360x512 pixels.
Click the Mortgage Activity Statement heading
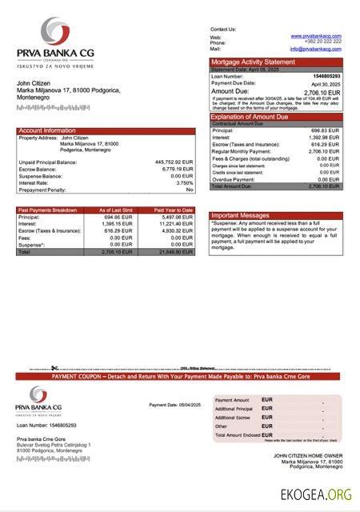(252, 62)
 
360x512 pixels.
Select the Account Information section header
(47, 130)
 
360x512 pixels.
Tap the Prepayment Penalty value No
(190, 190)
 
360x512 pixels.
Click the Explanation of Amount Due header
(254, 117)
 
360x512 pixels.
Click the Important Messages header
(241, 215)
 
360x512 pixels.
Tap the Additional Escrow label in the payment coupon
(234, 418)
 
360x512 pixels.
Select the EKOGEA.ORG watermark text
(316, 494)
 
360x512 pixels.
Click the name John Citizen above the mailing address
(34, 83)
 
